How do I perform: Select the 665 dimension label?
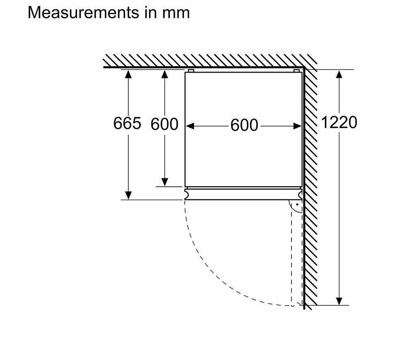(127, 123)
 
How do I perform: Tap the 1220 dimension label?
(339, 122)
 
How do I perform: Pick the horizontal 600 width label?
(244, 125)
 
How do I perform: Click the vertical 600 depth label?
(164, 124)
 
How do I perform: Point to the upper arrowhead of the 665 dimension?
(128, 74)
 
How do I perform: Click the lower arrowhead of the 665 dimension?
(128, 195)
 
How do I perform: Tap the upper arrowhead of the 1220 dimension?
(339, 74)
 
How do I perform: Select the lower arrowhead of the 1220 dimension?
(339, 301)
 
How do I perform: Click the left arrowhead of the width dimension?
(190, 126)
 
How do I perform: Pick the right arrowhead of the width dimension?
(297, 126)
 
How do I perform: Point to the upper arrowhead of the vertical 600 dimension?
(165, 74)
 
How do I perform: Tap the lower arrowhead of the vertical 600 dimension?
(165, 182)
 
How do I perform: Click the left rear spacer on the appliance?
(191, 71)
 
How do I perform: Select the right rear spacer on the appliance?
(296, 71)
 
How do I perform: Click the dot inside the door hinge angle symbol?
(297, 205)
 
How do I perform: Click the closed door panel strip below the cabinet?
(243, 194)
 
